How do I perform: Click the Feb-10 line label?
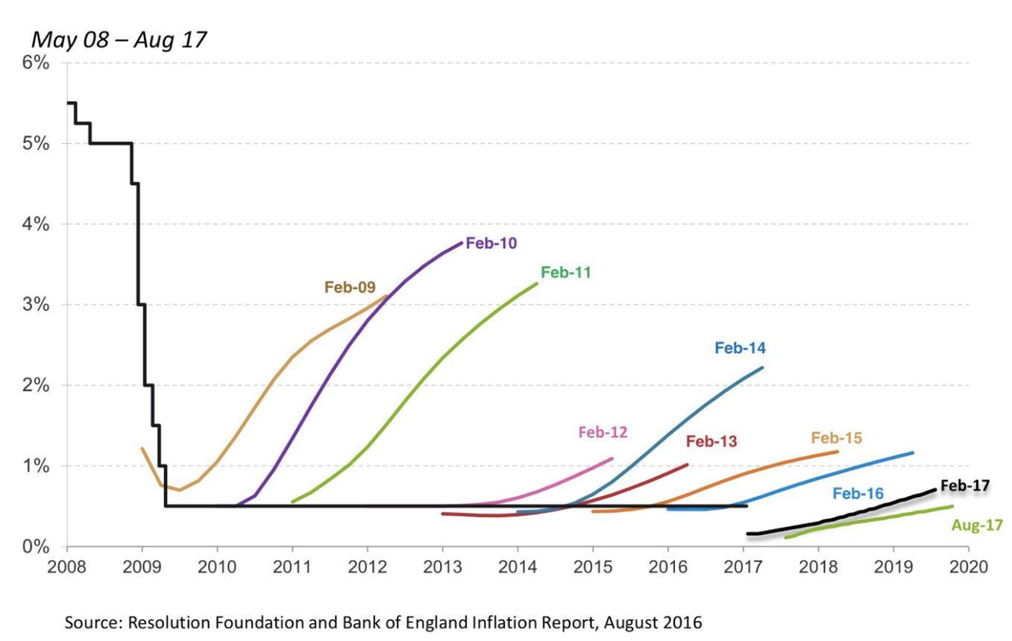coord(491,243)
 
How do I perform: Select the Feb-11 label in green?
coord(566,273)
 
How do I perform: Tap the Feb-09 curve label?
coord(350,287)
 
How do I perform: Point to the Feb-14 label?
coord(740,347)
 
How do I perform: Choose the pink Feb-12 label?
coord(603,432)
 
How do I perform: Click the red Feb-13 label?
coord(711,441)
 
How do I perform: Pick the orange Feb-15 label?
coord(837,438)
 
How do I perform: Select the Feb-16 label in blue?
coord(858,493)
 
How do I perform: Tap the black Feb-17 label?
coord(965,486)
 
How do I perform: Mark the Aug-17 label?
coord(978,525)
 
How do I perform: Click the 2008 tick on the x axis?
coord(67,565)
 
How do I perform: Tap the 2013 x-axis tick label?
coord(443,565)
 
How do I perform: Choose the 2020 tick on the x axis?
coord(969,565)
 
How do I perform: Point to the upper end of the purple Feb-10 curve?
coord(462,243)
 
